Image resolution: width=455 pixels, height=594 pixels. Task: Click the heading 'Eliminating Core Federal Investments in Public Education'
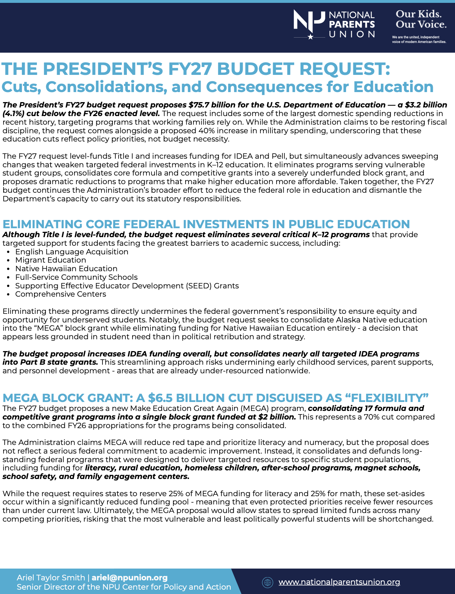pyautogui.click(x=206, y=224)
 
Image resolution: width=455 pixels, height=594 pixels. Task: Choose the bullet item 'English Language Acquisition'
pyautogui.click(x=72, y=252)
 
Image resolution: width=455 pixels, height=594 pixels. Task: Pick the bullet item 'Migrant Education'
pyautogui.click(x=51, y=260)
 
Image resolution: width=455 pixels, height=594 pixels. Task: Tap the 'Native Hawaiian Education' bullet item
pyautogui.click(x=66, y=269)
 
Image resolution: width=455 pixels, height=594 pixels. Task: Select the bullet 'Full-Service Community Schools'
pyautogui.click(x=76, y=277)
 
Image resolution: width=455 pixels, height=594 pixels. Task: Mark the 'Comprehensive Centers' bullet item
pyautogui.click(x=61, y=294)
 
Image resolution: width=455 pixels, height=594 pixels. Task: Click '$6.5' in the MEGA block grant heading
pyautogui.click(x=160, y=398)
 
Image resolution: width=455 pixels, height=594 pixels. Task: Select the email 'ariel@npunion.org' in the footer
pyautogui.click(x=130, y=578)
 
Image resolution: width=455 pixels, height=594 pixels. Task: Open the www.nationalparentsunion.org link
pyautogui.click(x=339, y=582)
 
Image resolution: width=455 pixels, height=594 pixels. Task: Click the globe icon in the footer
pyautogui.click(x=267, y=582)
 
